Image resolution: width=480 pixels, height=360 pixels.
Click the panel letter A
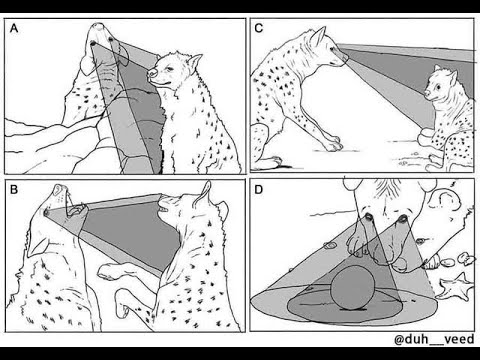(14, 28)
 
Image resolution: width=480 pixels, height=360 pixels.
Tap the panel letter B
(14, 190)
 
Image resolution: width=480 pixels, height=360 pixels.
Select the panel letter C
(259, 28)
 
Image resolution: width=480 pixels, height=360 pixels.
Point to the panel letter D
(259, 190)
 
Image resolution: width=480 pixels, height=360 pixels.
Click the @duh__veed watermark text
(434, 339)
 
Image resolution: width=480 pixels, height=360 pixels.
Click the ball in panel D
(353, 287)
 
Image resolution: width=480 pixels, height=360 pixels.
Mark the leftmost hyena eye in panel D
(369, 217)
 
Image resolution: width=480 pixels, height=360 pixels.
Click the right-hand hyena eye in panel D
(402, 219)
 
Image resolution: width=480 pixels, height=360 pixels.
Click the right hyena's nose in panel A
(152, 72)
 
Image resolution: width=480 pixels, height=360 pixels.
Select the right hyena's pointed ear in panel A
(195, 62)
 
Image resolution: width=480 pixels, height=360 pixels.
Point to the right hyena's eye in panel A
(171, 69)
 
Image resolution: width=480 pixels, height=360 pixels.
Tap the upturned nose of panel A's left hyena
(99, 26)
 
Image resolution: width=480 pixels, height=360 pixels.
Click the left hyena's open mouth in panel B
(75, 210)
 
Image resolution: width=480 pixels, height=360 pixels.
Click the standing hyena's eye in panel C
(333, 49)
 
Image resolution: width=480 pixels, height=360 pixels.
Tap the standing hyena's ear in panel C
(319, 36)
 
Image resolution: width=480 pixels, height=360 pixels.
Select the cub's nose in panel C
(427, 93)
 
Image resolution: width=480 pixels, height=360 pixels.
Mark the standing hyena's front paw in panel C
(334, 144)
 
